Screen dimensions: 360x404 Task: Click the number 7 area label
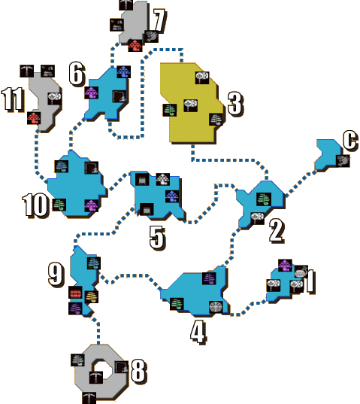click(x=159, y=21)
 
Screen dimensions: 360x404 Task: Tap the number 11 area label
click(x=13, y=99)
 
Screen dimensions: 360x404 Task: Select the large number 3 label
click(x=235, y=104)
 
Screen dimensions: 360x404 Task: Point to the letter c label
click(x=350, y=141)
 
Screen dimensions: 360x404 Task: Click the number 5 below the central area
click(x=157, y=238)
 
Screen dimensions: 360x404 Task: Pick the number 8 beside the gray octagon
click(x=139, y=371)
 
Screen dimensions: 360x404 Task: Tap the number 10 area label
click(x=35, y=205)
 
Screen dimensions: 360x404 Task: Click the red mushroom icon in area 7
click(x=135, y=46)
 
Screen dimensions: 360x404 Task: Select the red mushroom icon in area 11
click(x=34, y=118)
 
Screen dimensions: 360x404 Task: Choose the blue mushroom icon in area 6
click(x=124, y=72)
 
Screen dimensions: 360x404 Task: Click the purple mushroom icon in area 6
click(x=92, y=93)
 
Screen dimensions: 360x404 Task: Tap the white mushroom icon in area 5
click(x=163, y=179)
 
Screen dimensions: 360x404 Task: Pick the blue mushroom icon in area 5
click(x=172, y=196)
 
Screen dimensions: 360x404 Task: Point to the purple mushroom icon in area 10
click(x=92, y=205)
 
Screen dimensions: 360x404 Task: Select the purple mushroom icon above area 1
click(x=285, y=266)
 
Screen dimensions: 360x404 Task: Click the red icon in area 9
click(x=75, y=293)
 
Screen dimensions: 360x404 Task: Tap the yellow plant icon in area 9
click(x=92, y=297)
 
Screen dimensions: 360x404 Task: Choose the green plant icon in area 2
click(x=264, y=199)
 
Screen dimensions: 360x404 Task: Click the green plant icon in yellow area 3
click(x=170, y=110)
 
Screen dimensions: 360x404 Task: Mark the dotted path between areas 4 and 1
click(x=248, y=308)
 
